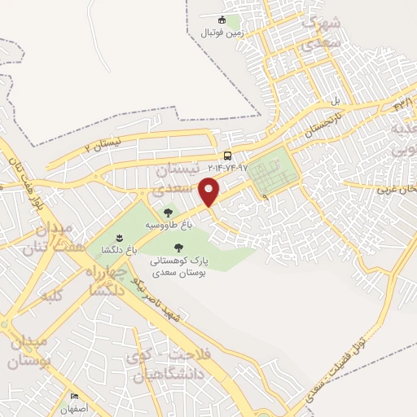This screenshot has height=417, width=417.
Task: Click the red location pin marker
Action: pos(211,192)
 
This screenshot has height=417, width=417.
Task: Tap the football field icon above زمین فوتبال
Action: pos(221,20)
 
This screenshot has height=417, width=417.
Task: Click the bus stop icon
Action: pos(227,156)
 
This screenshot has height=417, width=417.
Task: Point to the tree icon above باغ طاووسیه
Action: pos(168,213)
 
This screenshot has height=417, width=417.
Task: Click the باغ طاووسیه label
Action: pos(168,224)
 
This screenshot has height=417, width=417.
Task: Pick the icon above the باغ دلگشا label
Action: pos(119,237)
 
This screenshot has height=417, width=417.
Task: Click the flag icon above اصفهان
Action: pos(74,396)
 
